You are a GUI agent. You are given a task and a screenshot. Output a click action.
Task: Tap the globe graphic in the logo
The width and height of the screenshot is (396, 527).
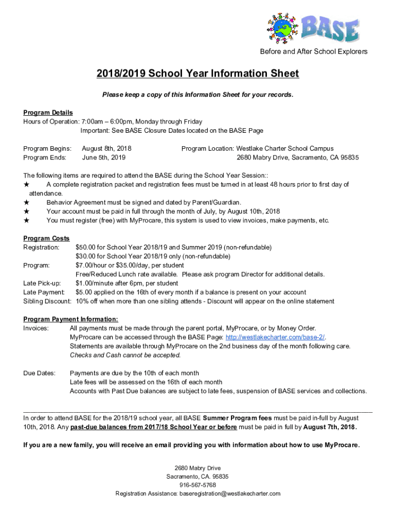(282, 28)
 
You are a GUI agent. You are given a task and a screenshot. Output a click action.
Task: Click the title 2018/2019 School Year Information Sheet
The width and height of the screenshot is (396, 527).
(197, 74)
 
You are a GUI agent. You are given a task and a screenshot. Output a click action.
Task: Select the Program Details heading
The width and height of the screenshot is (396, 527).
(48, 113)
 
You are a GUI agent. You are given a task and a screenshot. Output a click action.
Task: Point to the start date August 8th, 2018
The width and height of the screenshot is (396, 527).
(106, 149)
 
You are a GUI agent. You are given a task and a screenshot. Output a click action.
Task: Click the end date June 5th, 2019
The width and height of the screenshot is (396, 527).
(103, 157)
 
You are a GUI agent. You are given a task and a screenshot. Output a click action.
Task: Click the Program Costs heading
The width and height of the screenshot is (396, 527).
(46, 238)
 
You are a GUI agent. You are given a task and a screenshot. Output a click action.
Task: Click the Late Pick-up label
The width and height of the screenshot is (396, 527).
(42, 284)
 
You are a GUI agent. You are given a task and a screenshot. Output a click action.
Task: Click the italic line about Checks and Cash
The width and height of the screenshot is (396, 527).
(125, 355)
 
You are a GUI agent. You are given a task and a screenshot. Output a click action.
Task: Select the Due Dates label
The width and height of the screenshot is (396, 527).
(39, 373)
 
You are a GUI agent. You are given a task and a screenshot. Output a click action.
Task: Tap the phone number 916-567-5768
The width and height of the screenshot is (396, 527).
(197, 485)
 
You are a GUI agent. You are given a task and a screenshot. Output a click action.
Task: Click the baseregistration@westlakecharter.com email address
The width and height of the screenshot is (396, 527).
(229, 494)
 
